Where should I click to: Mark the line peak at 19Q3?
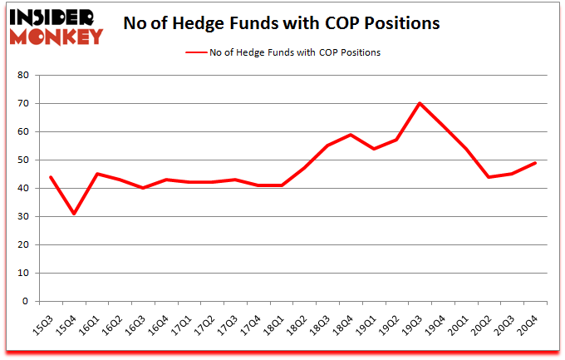pos(420,103)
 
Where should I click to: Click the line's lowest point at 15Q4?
pos(74,214)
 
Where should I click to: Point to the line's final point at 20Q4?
pos(534,162)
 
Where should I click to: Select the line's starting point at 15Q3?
pos(51,177)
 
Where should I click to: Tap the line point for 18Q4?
pos(351,135)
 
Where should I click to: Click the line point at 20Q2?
pos(489,177)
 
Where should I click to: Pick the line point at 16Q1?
pos(97,174)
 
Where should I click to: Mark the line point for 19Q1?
pos(373,149)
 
